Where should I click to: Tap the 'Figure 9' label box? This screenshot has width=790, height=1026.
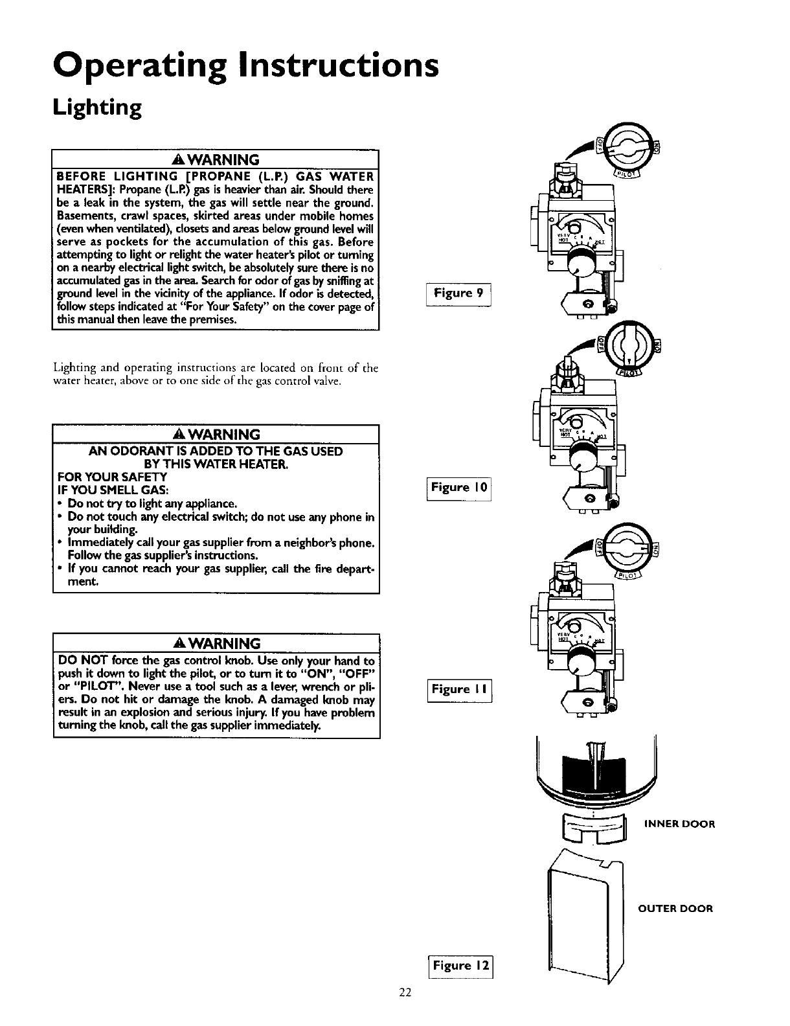tap(458, 293)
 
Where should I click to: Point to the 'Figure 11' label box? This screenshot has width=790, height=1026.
tap(459, 689)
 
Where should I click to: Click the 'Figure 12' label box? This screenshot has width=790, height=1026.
tap(460, 966)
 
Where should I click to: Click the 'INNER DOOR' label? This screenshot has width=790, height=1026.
tap(679, 825)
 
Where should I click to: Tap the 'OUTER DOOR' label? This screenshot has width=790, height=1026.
tap(675, 908)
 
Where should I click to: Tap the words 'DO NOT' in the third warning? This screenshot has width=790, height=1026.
tap(78, 661)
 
